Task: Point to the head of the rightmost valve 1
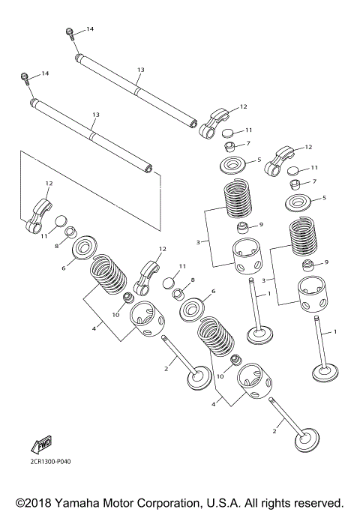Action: (x=325, y=372)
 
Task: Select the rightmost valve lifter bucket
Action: (x=312, y=295)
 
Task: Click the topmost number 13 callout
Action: (x=140, y=69)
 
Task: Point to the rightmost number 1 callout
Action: (x=334, y=331)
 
